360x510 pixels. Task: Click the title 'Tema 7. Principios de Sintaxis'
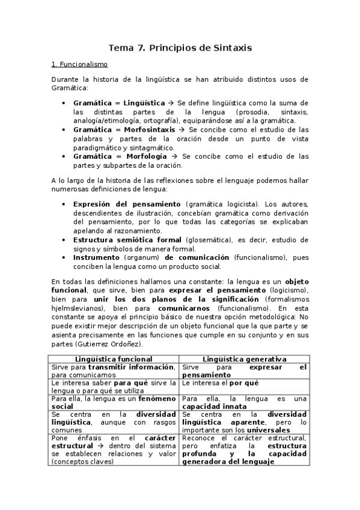coord(180,47)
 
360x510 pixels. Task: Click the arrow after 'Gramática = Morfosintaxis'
coord(183,130)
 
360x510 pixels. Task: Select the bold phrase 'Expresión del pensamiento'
coord(127,204)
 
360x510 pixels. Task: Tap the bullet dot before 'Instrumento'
coord(64,257)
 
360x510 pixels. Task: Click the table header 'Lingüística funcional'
coord(114,358)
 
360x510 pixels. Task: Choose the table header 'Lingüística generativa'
coord(244,358)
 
